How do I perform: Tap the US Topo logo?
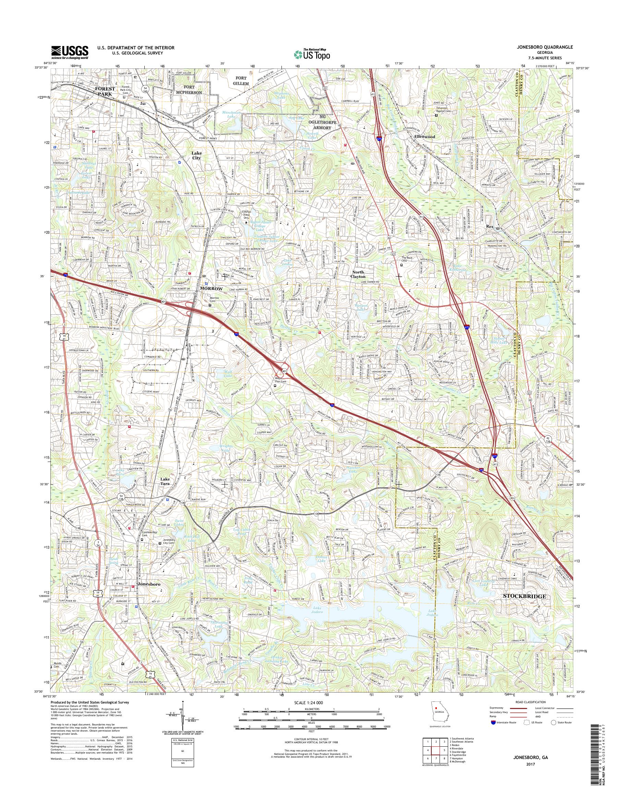(x=312, y=54)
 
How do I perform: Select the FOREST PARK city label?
(x=105, y=91)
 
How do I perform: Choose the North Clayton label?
(x=358, y=274)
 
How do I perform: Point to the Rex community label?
(x=490, y=227)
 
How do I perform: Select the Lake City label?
(x=197, y=156)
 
